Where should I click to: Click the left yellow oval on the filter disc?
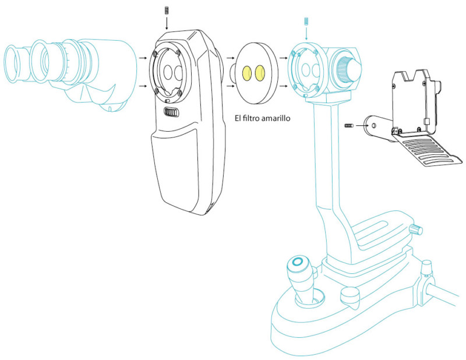(x=247, y=73)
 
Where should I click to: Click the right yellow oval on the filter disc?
(x=260, y=73)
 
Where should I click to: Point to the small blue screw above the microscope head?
(x=303, y=22)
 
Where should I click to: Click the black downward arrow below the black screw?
(x=167, y=24)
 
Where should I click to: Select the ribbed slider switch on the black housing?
(x=171, y=112)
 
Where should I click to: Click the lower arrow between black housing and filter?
(x=228, y=87)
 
